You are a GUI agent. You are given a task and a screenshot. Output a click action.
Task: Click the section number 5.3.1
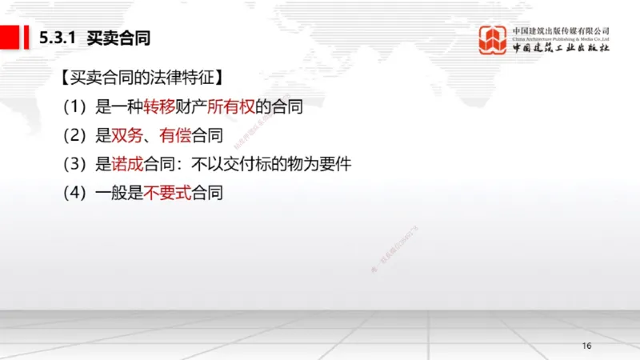pos(58,38)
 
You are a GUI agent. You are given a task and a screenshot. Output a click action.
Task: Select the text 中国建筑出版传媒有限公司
pos(561,30)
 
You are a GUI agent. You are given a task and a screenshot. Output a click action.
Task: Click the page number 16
pos(586,346)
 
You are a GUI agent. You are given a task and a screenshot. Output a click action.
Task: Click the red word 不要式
pos(167,194)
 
